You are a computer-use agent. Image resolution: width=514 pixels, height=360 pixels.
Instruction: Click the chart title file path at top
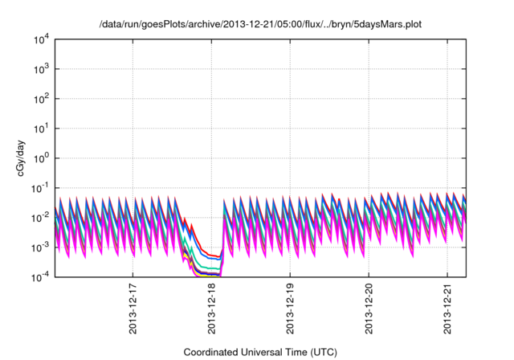coord(260,24)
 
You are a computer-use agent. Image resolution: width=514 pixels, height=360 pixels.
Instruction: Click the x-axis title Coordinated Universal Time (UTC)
coord(260,352)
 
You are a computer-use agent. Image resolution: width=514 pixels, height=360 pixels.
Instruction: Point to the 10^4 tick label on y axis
coord(41,39)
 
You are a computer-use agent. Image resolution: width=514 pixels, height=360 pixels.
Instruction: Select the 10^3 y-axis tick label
coord(41,68)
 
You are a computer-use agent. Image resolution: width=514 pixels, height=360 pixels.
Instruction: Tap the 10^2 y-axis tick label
coord(41,98)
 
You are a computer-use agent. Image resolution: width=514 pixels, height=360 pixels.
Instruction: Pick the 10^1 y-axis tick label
coord(41,128)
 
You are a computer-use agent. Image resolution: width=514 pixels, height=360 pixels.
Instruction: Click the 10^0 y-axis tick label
coord(41,157)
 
